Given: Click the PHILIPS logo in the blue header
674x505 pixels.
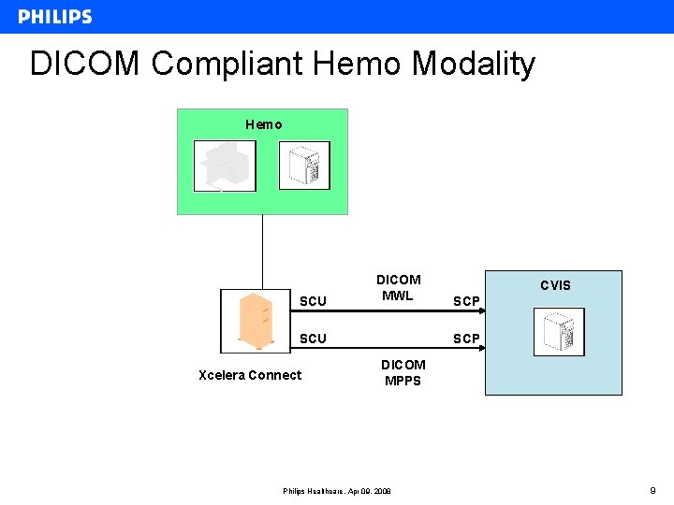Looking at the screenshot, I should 54,17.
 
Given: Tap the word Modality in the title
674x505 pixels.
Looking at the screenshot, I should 473,64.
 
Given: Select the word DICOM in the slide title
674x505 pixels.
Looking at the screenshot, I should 86,64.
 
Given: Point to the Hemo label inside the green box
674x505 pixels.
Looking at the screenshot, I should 263,124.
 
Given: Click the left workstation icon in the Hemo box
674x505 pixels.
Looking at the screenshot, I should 225,166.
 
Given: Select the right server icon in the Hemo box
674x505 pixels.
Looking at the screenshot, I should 305,166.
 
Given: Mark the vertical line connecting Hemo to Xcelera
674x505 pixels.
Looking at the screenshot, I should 262,251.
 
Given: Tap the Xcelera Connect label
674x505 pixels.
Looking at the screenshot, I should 250,375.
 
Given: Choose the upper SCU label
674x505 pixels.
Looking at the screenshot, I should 313,301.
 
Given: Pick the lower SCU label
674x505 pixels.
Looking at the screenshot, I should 313,339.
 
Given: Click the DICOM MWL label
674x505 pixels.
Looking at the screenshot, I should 398,287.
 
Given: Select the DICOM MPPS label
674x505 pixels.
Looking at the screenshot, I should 403,372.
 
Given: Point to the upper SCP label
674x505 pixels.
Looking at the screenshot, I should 466,301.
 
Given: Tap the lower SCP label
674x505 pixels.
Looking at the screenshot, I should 466,339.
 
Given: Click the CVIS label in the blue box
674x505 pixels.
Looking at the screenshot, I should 555,285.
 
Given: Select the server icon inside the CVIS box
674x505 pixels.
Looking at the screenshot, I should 559,332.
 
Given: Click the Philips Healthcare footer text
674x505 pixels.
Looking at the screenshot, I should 337,491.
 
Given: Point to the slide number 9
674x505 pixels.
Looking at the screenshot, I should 653,489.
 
